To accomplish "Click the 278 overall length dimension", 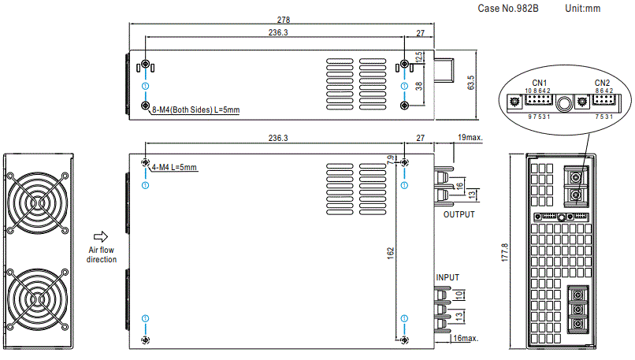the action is tap(284, 20).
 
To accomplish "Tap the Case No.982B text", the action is tap(508, 9).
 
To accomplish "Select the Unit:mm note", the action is tap(583, 9).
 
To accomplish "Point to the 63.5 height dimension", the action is tap(470, 83).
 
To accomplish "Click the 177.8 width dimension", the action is tap(504, 252).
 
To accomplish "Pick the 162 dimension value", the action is tap(391, 253).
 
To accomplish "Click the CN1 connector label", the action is tap(540, 83).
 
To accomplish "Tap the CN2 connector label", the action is tap(602, 83).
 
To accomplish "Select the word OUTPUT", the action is tap(459, 214).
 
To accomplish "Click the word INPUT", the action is tap(447, 277).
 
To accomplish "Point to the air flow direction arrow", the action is tap(101, 236).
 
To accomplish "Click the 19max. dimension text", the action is tap(470, 137).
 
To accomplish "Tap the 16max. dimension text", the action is tap(466, 338).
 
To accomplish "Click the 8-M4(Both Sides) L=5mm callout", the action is tap(196, 109).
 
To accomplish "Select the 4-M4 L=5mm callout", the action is tap(174, 167).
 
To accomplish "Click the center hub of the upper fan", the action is tap(38, 203).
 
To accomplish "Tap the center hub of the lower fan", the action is tap(38, 299).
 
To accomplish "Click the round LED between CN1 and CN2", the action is tap(563, 104).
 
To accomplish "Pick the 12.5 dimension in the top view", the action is tap(419, 56).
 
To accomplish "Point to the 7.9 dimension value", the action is tap(391, 160).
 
